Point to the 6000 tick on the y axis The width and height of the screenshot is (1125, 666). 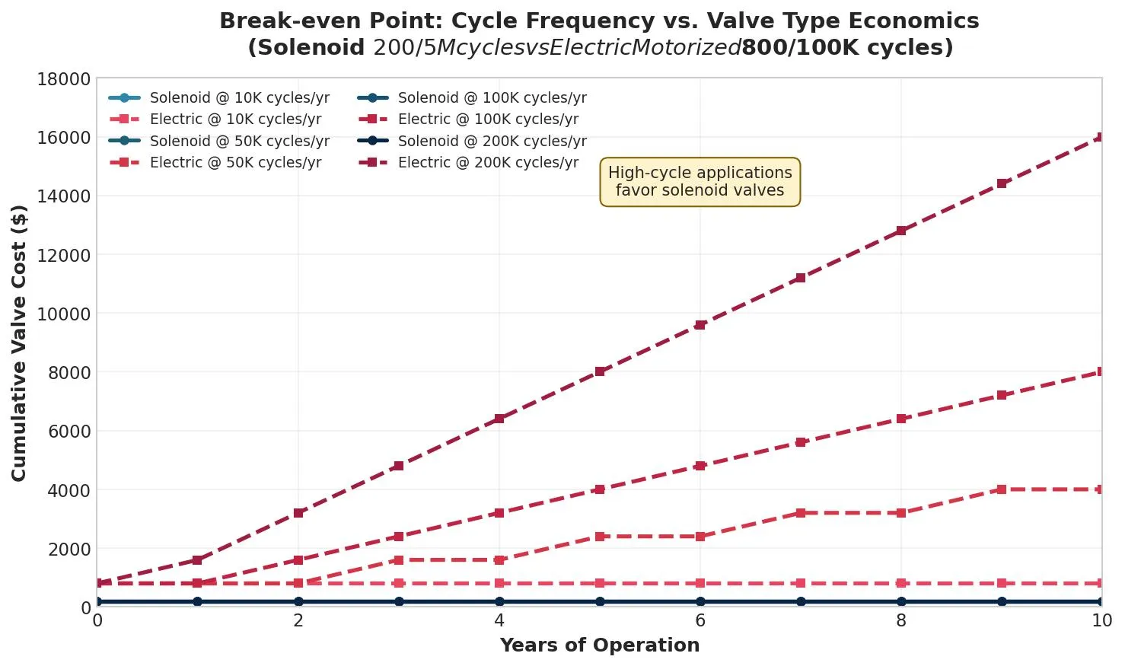(69, 432)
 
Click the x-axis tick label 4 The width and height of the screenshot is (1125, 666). (499, 621)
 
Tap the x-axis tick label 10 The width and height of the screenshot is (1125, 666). (1101, 621)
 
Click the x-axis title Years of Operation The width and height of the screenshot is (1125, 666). (599, 645)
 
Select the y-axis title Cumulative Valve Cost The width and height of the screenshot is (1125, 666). (19, 343)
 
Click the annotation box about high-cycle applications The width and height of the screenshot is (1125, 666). (700, 182)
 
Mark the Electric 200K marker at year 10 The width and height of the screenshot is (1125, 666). (1101, 138)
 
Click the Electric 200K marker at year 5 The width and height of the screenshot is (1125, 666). (600, 371)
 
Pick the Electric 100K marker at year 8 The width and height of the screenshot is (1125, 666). (901, 419)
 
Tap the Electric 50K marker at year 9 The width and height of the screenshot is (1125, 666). (1002, 489)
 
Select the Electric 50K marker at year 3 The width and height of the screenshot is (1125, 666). (399, 560)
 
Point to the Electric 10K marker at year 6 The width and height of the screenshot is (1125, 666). (700, 583)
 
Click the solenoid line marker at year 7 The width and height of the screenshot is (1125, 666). (801, 601)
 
